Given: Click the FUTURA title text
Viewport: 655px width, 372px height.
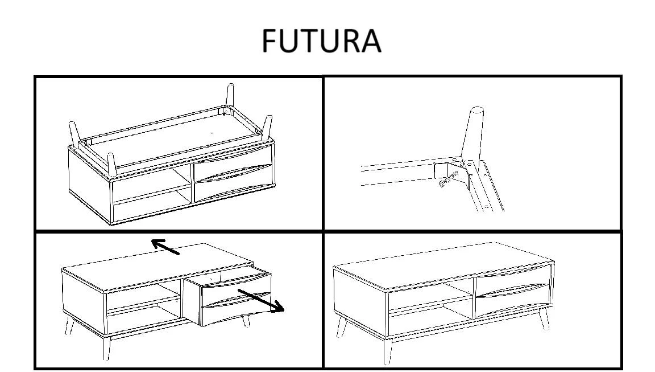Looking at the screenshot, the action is point(321,40).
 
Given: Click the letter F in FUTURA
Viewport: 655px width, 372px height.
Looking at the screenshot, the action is point(270,40).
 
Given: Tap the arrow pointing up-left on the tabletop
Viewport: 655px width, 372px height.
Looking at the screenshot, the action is point(165,247).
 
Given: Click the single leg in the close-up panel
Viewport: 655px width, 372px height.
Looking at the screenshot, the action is point(473,134).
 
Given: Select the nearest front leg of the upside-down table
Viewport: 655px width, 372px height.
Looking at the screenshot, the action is point(111,165).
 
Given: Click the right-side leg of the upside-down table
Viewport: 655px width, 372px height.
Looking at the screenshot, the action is point(267,127).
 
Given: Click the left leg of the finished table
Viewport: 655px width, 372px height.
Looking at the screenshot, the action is point(342,326).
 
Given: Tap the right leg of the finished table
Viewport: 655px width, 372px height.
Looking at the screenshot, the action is point(544,318).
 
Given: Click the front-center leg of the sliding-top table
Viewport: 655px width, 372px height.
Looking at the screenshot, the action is point(106,347).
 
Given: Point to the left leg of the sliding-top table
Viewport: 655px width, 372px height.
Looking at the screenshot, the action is point(69,325).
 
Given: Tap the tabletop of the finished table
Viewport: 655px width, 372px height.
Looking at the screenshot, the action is point(444,264).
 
